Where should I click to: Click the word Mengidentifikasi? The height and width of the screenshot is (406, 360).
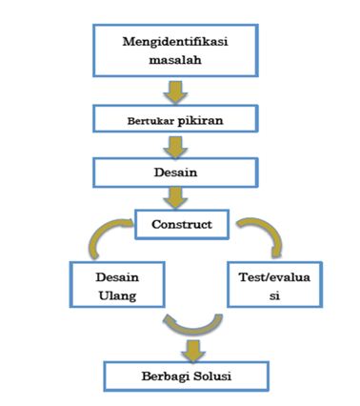174,42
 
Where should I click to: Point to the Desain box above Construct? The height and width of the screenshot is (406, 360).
174,173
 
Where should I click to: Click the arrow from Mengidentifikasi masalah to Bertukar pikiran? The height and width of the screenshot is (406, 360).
174,92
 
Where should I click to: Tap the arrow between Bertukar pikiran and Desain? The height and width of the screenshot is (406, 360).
174,147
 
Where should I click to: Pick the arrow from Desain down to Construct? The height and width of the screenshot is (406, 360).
174,198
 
